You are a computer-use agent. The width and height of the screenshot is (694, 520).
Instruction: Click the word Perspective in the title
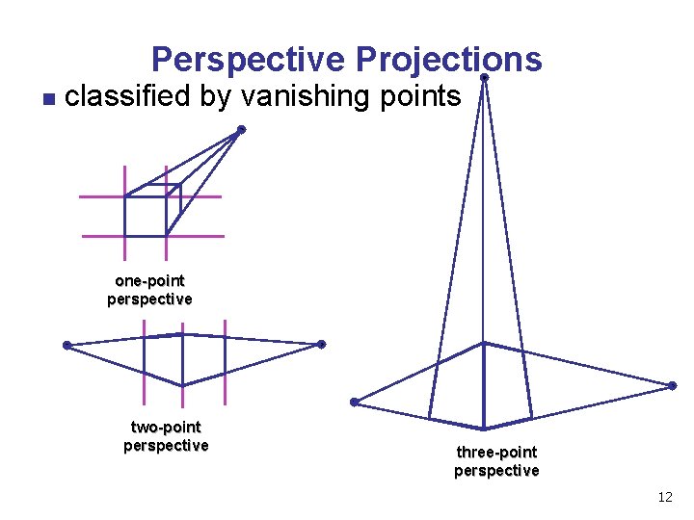(248, 60)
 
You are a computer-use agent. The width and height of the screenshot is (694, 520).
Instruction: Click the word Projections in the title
(448, 60)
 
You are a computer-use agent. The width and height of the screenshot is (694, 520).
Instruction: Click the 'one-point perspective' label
(149, 290)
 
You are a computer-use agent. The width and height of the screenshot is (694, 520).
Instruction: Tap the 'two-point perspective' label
(166, 436)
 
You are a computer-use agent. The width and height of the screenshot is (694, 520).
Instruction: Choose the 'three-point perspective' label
(496, 461)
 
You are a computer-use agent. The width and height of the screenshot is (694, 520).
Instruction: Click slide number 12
(664, 497)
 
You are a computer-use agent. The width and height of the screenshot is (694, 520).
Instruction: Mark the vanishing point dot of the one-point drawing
(241, 129)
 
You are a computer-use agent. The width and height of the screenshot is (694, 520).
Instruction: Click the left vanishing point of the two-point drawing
(67, 345)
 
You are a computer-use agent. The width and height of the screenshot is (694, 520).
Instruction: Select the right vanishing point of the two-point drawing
(321, 344)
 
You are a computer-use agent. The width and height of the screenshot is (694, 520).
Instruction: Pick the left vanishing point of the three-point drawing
(355, 402)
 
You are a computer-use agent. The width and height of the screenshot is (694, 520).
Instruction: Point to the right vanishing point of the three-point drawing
(673, 385)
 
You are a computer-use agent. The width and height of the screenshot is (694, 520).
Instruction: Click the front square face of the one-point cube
(146, 216)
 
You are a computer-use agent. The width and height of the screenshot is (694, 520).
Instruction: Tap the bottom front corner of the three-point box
(484, 429)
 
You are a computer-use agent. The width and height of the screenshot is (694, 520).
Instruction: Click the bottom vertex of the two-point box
(182, 385)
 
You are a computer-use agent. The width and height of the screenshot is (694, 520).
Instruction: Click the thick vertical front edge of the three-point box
(484, 385)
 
